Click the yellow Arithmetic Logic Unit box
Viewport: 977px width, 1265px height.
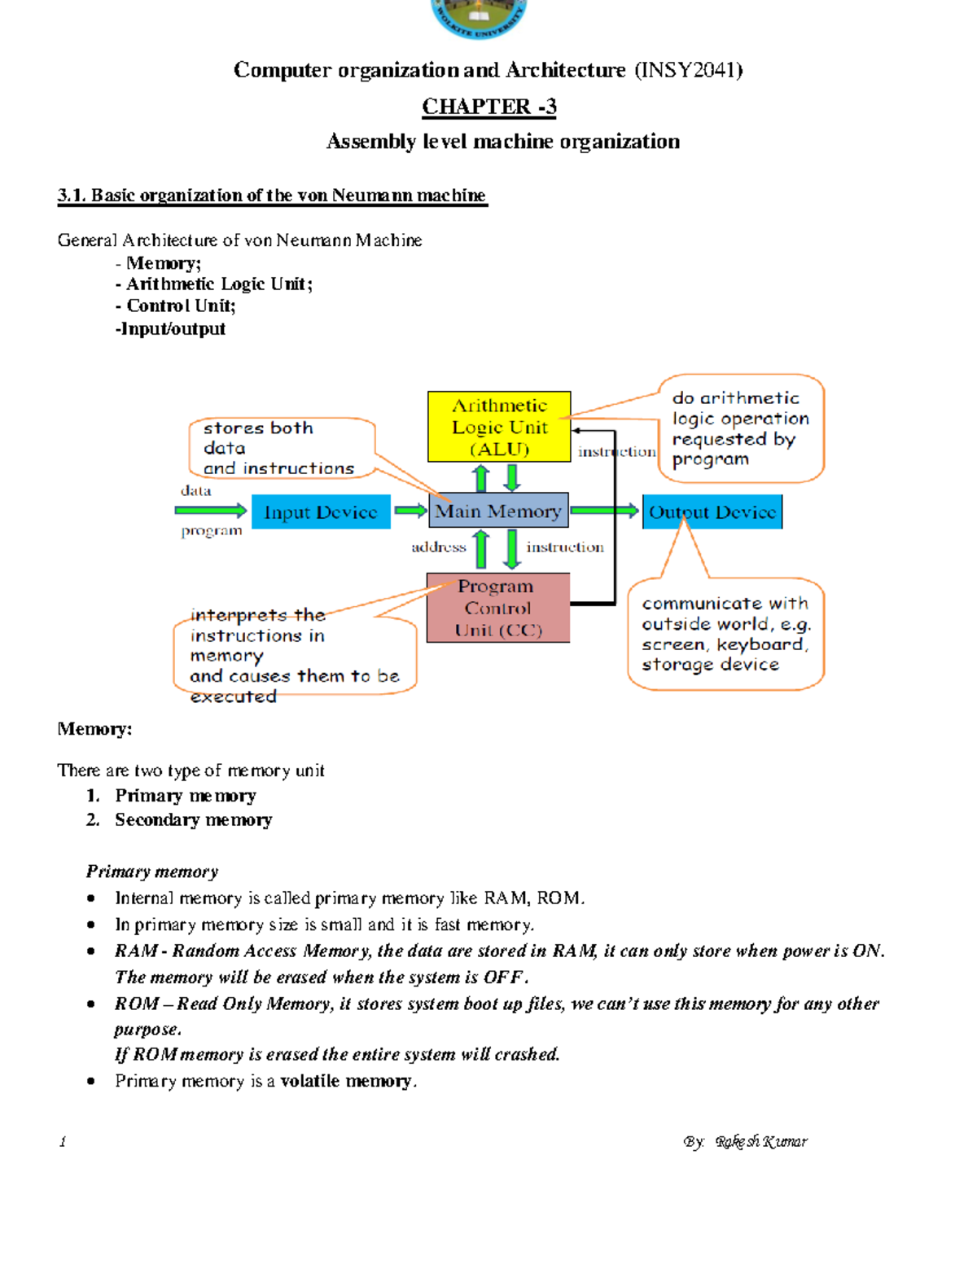click(499, 427)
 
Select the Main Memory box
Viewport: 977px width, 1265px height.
click(497, 511)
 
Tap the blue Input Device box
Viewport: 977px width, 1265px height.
click(321, 512)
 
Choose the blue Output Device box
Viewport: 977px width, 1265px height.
click(712, 512)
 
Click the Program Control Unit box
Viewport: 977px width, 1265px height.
click(498, 608)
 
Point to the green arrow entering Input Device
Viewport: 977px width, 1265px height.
click(210, 511)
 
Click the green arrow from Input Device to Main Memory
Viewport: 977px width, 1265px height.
click(410, 511)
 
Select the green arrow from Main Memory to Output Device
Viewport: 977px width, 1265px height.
click(604, 511)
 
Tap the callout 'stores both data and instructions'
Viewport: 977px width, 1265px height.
click(279, 447)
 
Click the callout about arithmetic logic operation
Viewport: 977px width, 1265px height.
click(740, 428)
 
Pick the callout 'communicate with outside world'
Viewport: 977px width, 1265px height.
click(725, 634)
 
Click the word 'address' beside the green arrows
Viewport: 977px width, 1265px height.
click(438, 547)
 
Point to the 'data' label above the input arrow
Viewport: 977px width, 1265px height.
click(196, 490)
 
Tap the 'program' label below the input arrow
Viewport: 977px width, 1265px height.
click(212, 530)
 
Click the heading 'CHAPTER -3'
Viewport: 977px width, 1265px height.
click(489, 107)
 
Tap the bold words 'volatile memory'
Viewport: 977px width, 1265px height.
click(346, 1081)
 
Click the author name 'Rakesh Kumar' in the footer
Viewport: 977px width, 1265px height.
click(761, 1141)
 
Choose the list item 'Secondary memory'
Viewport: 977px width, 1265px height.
click(193, 819)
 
